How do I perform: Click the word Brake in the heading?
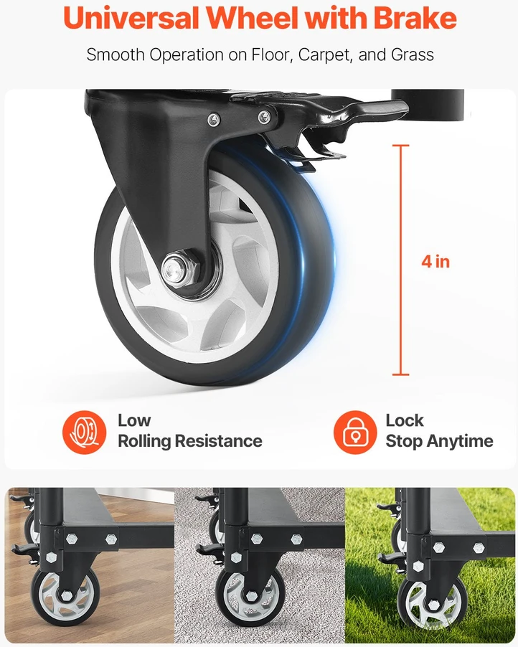[x=415, y=18]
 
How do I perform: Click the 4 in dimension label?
[x=435, y=262]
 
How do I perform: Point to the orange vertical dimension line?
[x=400, y=260]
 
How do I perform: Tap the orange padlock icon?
[x=355, y=432]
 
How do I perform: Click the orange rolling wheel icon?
[x=84, y=432]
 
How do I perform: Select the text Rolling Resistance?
[x=190, y=441]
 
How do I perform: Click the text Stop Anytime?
[x=439, y=442]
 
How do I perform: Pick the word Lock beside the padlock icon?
[x=405, y=420]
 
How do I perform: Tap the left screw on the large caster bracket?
[x=213, y=120]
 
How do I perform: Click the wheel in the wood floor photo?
[x=65, y=595]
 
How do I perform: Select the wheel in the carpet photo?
[x=250, y=596]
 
